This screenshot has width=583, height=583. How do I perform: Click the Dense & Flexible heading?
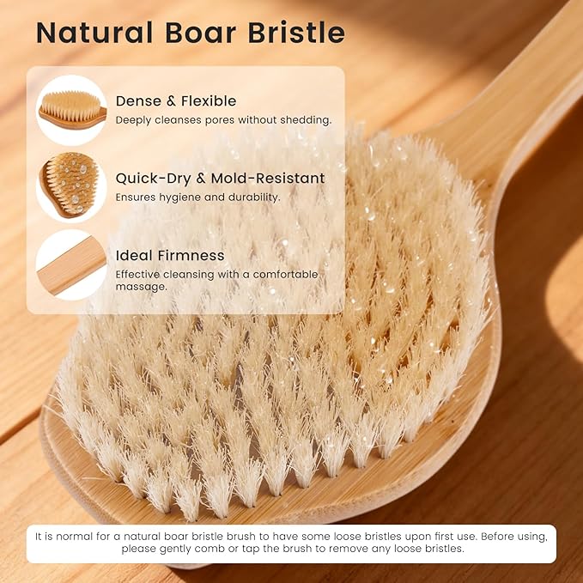(176, 101)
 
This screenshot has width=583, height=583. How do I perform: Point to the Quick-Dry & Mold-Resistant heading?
(220, 179)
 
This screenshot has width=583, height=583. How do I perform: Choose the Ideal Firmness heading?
(170, 255)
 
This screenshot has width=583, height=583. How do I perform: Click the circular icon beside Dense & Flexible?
(71, 110)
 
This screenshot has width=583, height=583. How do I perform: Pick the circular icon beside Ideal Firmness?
(71, 264)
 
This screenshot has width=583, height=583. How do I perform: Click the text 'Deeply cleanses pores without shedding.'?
(223, 120)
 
